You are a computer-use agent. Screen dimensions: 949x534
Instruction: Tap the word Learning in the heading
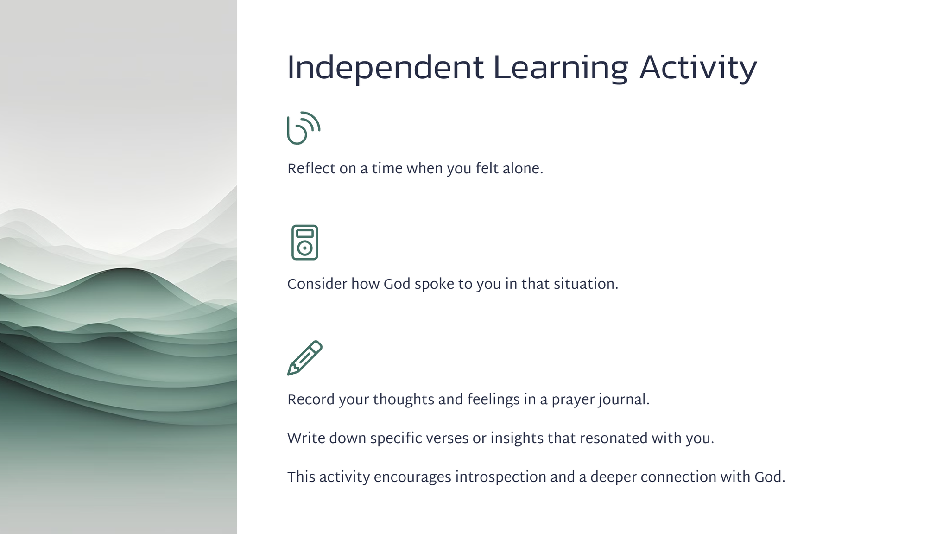click(x=561, y=69)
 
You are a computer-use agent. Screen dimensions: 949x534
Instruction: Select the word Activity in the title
click(x=698, y=69)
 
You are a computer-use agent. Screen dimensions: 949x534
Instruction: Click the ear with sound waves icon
click(x=304, y=128)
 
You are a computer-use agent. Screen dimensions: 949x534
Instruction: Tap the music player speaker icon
click(x=305, y=242)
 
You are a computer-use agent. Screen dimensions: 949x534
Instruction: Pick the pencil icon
click(x=305, y=358)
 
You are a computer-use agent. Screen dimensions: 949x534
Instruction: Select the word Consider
click(x=317, y=284)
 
